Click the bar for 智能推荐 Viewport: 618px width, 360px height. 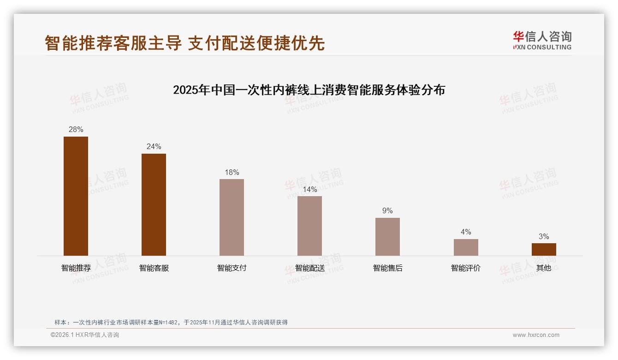click(x=76, y=196)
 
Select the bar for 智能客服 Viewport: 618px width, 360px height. click(x=154, y=204)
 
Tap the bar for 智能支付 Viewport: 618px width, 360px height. click(x=232, y=217)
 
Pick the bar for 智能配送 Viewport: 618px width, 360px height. click(x=309, y=226)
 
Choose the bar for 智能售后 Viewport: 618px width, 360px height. click(x=387, y=236)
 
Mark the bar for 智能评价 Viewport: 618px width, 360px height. click(x=466, y=247)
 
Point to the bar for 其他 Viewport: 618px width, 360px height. click(x=544, y=249)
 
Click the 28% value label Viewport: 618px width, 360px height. click(x=76, y=130)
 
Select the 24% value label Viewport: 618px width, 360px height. click(x=154, y=147)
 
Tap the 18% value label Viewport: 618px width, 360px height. click(x=232, y=173)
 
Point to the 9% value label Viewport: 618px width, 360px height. click(x=387, y=211)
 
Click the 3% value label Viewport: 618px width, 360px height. click(x=544, y=237)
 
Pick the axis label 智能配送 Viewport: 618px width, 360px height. click(x=310, y=268)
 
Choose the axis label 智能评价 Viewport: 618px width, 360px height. click(x=466, y=268)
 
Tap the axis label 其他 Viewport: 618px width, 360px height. click(x=544, y=268)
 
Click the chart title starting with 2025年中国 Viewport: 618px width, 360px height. click(x=309, y=90)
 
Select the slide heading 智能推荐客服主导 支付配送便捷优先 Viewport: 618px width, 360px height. click(x=184, y=43)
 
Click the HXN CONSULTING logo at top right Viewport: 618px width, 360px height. click(x=542, y=41)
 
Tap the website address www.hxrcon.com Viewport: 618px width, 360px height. click(x=536, y=335)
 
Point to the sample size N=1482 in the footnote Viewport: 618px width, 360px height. click(x=169, y=323)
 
